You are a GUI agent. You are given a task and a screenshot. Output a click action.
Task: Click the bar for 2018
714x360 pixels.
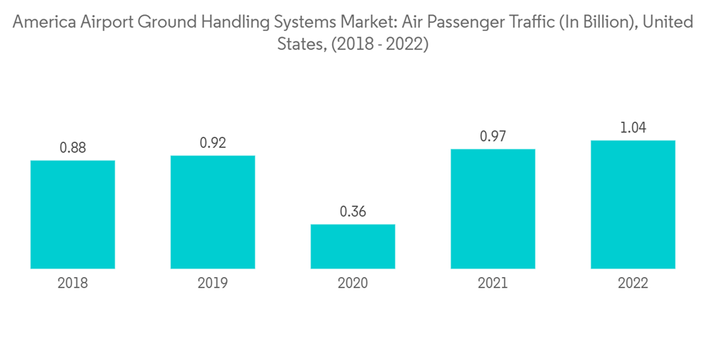click(73, 214)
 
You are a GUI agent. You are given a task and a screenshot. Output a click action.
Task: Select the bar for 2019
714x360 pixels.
click(213, 212)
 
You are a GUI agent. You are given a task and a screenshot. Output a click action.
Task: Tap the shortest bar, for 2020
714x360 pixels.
click(353, 246)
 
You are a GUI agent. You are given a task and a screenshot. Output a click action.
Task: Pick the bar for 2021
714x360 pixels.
click(493, 209)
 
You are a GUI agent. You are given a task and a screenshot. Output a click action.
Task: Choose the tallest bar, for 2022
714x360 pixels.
click(633, 204)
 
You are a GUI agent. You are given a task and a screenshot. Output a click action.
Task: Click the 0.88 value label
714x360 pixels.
click(73, 148)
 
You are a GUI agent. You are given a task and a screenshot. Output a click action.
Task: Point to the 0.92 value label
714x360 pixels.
click(213, 143)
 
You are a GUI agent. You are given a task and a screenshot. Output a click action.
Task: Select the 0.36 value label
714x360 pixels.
click(353, 211)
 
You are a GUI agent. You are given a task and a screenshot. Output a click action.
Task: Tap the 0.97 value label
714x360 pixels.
click(493, 136)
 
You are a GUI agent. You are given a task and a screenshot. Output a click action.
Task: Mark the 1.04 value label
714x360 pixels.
click(633, 128)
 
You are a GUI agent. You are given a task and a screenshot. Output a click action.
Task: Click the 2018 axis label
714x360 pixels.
click(73, 284)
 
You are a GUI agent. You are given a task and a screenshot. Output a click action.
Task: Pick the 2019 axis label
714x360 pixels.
click(213, 284)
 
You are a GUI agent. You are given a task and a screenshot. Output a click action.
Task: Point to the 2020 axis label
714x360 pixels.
click(353, 284)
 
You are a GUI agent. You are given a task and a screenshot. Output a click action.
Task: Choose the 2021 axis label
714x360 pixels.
click(493, 284)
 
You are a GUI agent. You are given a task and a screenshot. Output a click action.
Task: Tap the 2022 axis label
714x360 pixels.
click(633, 284)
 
